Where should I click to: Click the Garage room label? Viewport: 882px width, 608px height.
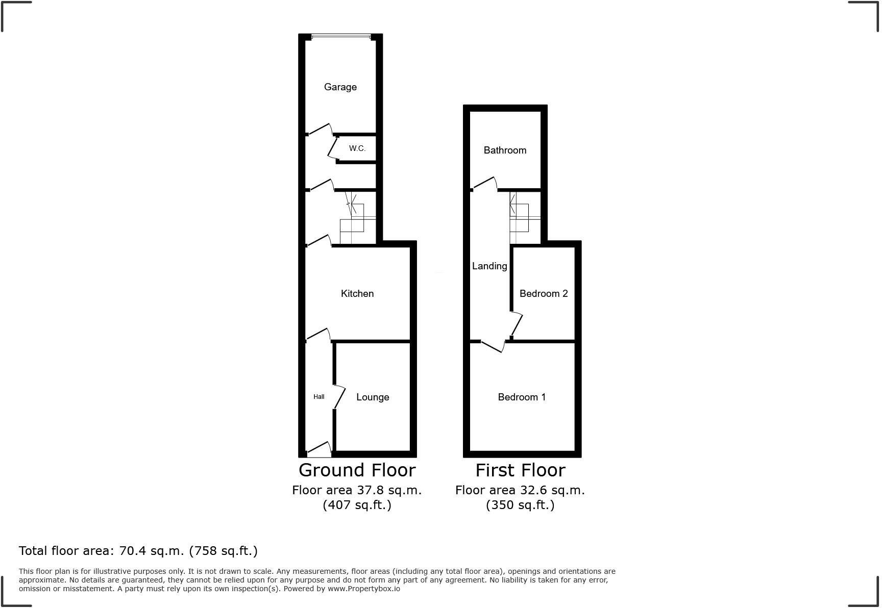340,87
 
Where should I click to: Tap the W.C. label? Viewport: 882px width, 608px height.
357,148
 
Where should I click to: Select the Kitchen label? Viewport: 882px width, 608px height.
357,293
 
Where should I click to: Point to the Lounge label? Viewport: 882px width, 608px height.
372,397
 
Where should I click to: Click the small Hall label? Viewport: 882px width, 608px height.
318,397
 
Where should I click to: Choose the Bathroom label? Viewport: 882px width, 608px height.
504,150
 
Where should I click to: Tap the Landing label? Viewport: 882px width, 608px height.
489,266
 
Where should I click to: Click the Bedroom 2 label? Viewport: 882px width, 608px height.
543,293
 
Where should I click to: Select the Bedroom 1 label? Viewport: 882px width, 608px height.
522,397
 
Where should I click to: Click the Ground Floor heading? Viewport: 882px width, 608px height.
357,470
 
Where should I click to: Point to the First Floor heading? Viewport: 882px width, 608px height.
520,470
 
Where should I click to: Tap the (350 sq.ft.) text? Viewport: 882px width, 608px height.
520,505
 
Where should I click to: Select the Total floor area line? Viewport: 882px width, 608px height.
138,551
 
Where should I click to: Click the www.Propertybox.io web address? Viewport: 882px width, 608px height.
363,589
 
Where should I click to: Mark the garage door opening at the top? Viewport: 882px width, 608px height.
340,36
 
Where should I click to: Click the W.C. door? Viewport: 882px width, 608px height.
333,148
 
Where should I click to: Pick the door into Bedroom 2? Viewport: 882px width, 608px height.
517,324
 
